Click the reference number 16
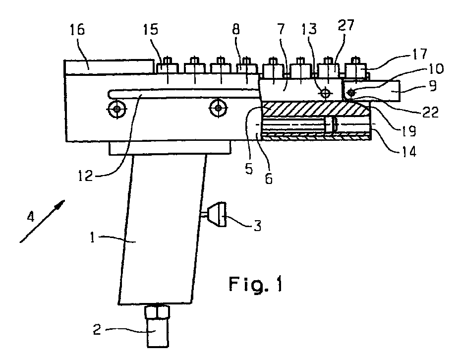click(x=77, y=30)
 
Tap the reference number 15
click(x=151, y=30)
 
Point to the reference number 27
click(x=346, y=25)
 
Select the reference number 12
click(x=85, y=176)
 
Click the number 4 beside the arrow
click(x=31, y=217)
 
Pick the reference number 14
click(x=408, y=151)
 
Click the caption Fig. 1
click(x=256, y=284)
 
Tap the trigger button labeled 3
click(x=217, y=214)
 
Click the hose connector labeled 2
click(x=157, y=326)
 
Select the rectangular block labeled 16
click(x=109, y=67)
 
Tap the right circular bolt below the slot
click(x=218, y=108)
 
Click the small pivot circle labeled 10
click(x=351, y=93)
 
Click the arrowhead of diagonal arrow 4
click(x=61, y=204)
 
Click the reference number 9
click(x=433, y=87)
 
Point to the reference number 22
click(x=430, y=112)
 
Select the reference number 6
click(x=269, y=178)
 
